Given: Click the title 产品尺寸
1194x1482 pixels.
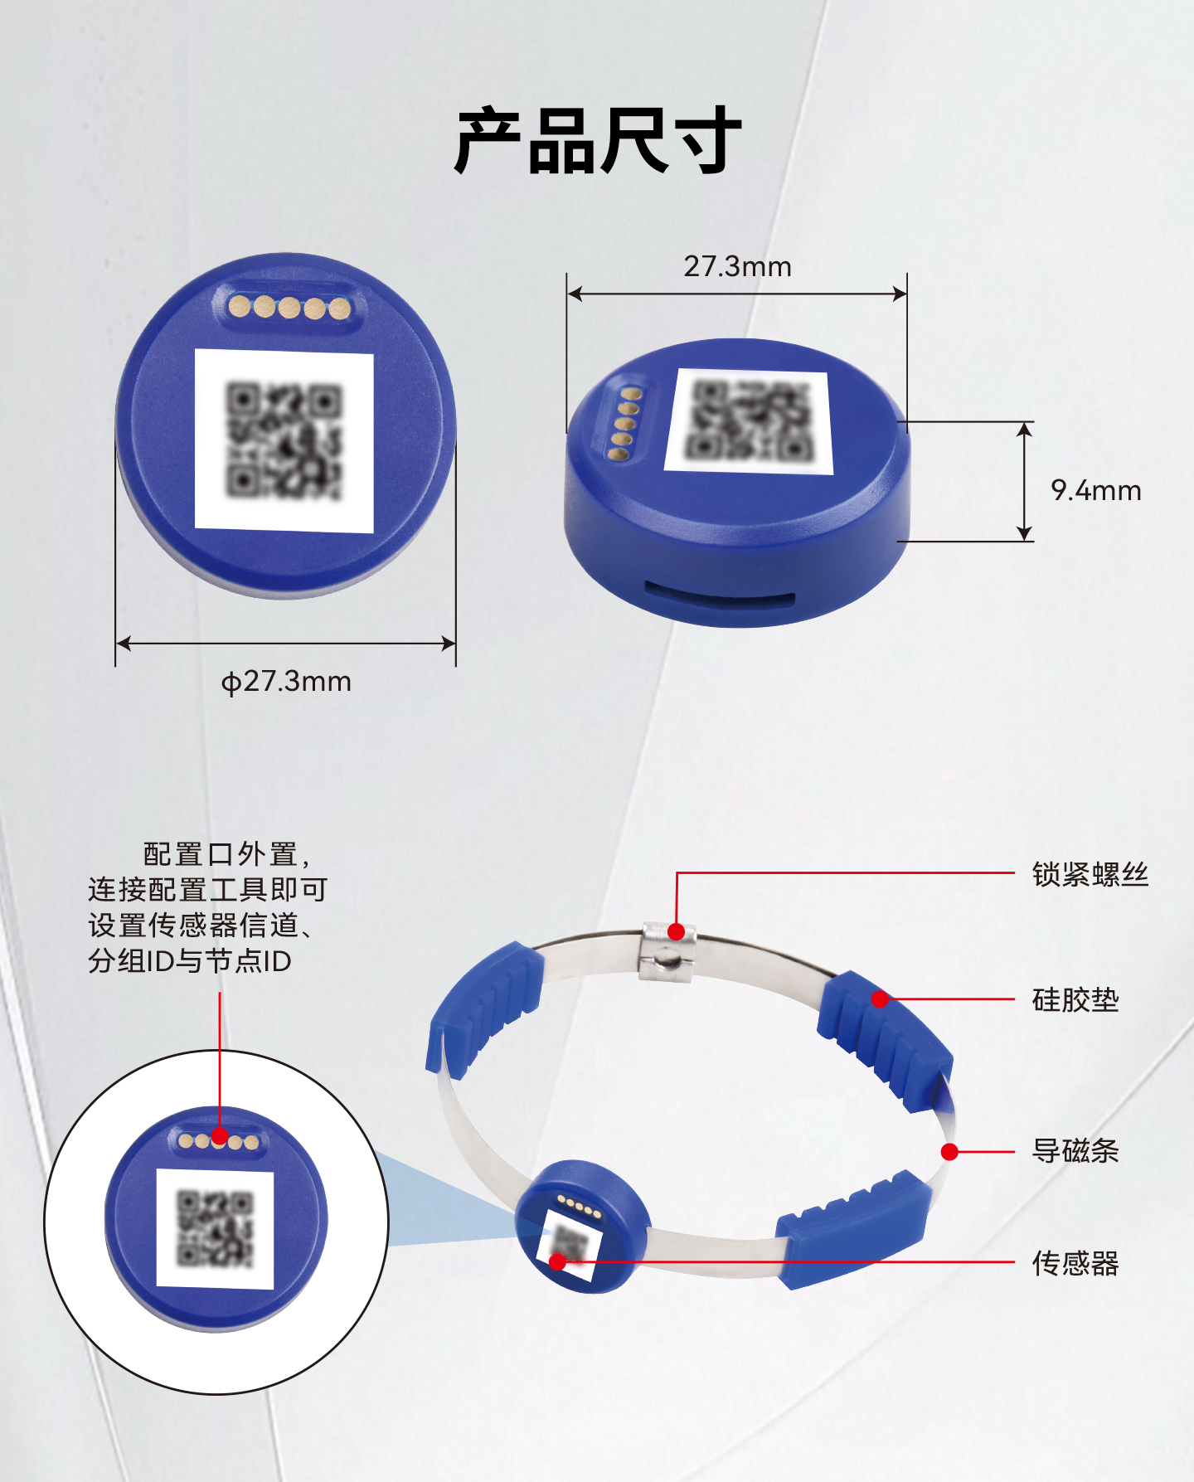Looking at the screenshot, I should click(597, 141).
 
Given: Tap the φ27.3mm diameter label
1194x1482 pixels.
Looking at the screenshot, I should click(286, 682).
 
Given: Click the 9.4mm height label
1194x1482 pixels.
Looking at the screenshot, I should click(1095, 490).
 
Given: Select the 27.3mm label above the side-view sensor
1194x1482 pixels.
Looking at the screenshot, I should click(737, 266).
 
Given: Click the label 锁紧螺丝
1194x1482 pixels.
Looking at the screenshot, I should click(1090, 874).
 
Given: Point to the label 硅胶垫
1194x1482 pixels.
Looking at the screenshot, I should click(1075, 1000).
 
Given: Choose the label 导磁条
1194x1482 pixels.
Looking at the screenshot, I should click(1075, 1151).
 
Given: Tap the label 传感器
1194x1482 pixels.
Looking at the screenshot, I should click(1075, 1263).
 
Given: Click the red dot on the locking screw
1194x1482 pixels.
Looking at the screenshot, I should click(677, 931).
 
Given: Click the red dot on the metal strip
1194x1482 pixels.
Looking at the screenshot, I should click(950, 1152).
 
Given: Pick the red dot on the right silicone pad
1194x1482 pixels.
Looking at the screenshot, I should click(880, 999).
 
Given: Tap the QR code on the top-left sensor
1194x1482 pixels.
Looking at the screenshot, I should click(284, 440).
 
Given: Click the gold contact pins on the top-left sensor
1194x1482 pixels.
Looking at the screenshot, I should click(289, 309).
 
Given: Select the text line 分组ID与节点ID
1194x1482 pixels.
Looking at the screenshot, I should click(190, 961).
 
